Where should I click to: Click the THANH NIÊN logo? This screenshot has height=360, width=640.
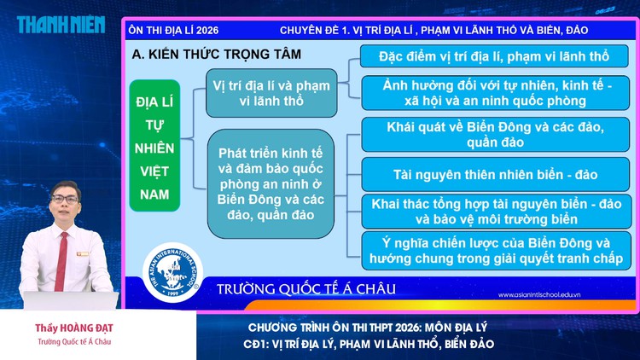60,24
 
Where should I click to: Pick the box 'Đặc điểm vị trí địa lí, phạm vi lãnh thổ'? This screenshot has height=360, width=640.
496,57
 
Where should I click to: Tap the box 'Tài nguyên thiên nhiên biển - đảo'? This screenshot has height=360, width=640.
496,175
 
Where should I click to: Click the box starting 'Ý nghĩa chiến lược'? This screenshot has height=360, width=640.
496,250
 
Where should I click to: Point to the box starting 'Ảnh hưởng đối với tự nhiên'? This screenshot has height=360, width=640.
496,93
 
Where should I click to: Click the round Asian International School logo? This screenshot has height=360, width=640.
172,274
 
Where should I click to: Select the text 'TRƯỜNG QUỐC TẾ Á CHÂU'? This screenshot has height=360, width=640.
306,288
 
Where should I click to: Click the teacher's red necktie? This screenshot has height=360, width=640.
61,256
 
